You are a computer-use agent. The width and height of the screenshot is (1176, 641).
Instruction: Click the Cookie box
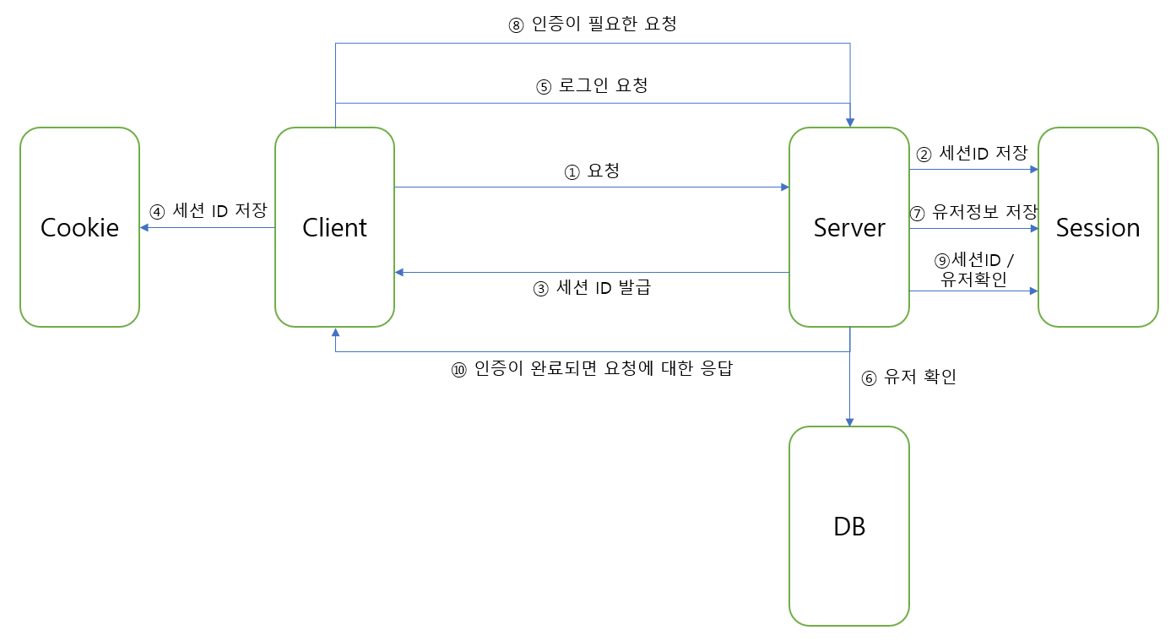coord(79,227)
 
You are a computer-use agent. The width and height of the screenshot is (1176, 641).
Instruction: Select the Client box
coord(334,227)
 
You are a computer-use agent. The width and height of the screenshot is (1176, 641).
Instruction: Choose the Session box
coord(1097,227)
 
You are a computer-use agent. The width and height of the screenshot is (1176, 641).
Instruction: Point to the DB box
coord(849,526)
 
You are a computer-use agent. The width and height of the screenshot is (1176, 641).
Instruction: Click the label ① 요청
coord(592,171)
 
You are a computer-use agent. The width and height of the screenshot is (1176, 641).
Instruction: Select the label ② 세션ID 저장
coord(972,154)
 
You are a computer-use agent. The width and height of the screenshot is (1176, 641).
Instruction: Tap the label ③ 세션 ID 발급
coord(592,288)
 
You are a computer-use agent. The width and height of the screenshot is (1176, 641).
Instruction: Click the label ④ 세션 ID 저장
coord(208,210)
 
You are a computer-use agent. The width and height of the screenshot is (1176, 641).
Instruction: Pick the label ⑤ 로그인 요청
coord(592,86)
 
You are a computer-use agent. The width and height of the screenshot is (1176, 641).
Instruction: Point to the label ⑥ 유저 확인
coord(908,378)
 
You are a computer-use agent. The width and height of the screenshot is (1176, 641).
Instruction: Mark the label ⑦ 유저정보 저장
coord(973,213)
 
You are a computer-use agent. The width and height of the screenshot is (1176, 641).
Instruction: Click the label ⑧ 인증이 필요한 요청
coord(592,24)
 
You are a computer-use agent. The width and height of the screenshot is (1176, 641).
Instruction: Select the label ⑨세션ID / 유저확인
coord(973,269)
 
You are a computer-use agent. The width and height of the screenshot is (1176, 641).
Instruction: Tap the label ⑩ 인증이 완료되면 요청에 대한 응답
coord(592,370)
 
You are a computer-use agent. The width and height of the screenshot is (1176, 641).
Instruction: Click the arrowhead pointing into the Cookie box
coord(145,227)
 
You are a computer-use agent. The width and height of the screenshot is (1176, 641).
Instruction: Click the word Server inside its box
coord(849,227)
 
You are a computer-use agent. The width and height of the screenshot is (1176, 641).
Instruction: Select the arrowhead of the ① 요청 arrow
coord(783,187)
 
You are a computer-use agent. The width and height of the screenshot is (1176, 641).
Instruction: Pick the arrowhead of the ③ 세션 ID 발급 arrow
coord(400,272)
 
